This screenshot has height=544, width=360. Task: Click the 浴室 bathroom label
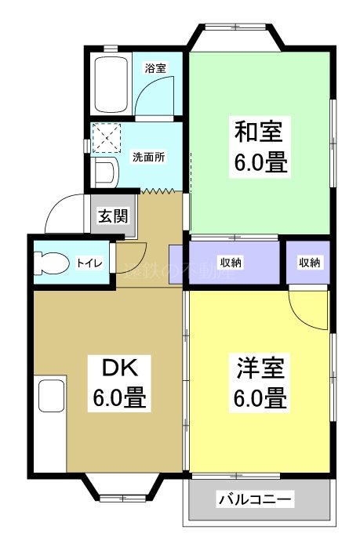click(155, 67)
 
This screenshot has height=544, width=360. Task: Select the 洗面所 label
click(148, 156)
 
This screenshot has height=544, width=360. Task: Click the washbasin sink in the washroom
click(104, 171)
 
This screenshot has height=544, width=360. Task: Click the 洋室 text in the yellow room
click(258, 367)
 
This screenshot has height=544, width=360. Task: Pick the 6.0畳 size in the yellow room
click(258, 398)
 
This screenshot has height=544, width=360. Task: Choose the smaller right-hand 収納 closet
click(308, 263)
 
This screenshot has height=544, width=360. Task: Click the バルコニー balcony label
click(256, 499)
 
